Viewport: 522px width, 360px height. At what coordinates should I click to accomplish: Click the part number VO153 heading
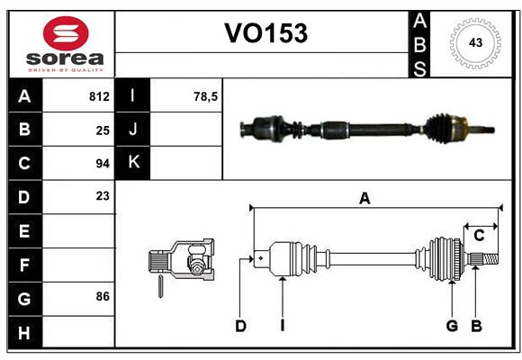click(x=265, y=33)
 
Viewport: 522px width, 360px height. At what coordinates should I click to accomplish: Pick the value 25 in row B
click(x=103, y=130)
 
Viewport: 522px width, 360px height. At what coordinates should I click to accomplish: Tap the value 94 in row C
click(x=103, y=164)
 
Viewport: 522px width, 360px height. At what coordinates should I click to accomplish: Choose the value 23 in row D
click(x=103, y=195)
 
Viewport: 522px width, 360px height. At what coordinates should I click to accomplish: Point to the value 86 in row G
click(x=103, y=296)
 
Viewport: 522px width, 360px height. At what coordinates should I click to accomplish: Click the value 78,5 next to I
click(x=207, y=96)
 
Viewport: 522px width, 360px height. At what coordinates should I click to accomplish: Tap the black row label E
click(x=24, y=230)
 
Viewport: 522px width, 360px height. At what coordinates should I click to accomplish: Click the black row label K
click(x=134, y=163)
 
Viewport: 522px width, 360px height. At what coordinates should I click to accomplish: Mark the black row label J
click(x=134, y=130)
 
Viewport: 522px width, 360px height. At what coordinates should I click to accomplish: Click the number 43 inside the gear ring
click(x=473, y=43)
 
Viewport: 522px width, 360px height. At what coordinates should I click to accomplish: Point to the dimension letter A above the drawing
click(x=364, y=199)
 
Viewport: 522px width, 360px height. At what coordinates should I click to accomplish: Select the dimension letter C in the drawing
click(x=479, y=236)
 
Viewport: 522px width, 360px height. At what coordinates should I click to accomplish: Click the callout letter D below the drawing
click(x=240, y=326)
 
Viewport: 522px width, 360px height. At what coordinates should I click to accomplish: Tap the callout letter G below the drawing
click(x=452, y=326)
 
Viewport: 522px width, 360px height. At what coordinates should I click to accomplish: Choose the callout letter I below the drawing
click(x=282, y=326)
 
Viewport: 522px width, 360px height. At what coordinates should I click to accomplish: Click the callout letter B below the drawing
click(x=476, y=326)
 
